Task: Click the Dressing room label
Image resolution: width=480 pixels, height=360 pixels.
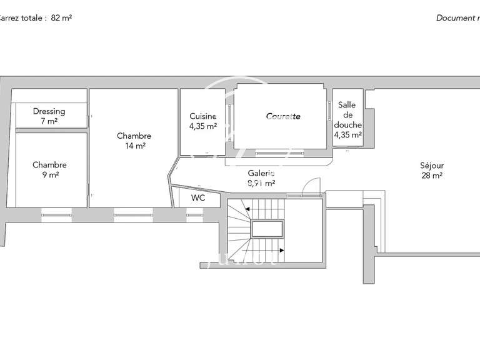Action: click(49, 111)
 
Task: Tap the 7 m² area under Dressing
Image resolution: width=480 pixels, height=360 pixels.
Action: click(49, 121)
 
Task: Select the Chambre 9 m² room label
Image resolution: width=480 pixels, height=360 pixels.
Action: click(49, 165)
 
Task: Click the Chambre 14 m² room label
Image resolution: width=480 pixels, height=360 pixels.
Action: click(134, 136)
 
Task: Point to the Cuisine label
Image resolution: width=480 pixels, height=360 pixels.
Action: click(202, 116)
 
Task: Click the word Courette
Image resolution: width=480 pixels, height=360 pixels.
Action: click(283, 116)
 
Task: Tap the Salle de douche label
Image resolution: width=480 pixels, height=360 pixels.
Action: click(347, 115)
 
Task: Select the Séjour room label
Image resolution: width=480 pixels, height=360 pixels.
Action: click(431, 166)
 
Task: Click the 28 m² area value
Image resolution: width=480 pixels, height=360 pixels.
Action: click(431, 176)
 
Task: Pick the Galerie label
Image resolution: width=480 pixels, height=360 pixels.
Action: click(261, 174)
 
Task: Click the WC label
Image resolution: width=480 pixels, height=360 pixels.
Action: click(198, 198)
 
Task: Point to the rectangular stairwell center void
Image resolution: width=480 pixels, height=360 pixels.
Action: click(267, 229)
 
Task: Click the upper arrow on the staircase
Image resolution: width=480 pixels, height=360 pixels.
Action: click(248, 209)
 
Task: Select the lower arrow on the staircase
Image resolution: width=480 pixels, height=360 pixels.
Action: click(281, 250)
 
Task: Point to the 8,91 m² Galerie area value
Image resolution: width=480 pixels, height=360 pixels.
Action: click(261, 184)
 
